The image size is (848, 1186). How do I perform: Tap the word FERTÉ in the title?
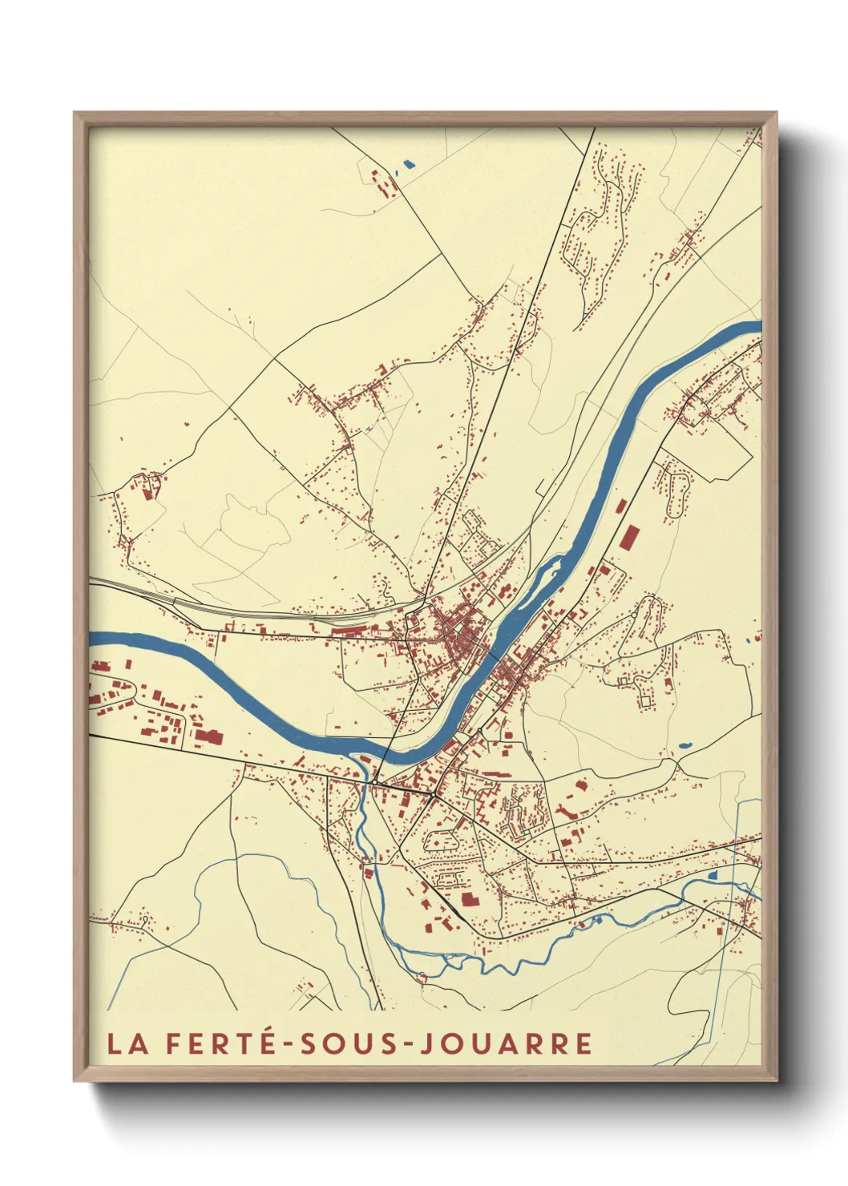[x=215, y=1043]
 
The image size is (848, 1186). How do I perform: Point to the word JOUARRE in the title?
[x=506, y=1043]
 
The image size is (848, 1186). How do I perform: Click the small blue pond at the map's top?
[x=409, y=165]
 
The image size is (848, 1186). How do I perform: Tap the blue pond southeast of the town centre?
[x=684, y=744]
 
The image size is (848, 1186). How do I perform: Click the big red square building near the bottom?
[x=468, y=899]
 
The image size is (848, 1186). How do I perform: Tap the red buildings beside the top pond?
[x=382, y=184]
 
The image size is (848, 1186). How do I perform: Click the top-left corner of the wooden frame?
[x=75, y=114]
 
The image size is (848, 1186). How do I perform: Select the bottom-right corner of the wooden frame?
[x=775, y=1079]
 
